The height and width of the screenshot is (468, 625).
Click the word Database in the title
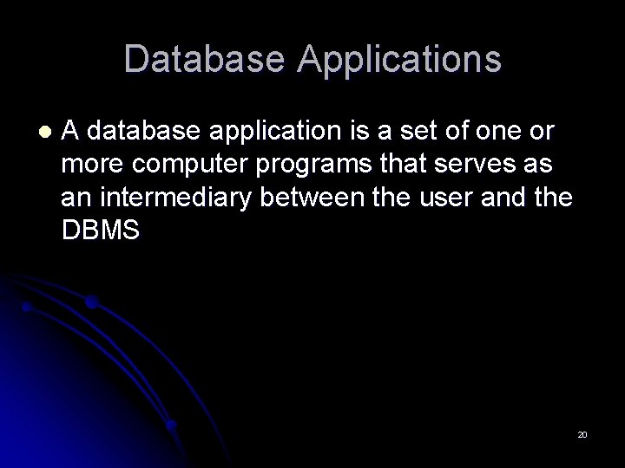pos(204,59)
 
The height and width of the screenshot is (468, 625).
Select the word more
pos(88,164)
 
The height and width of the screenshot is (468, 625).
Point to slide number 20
pos(582,433)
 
